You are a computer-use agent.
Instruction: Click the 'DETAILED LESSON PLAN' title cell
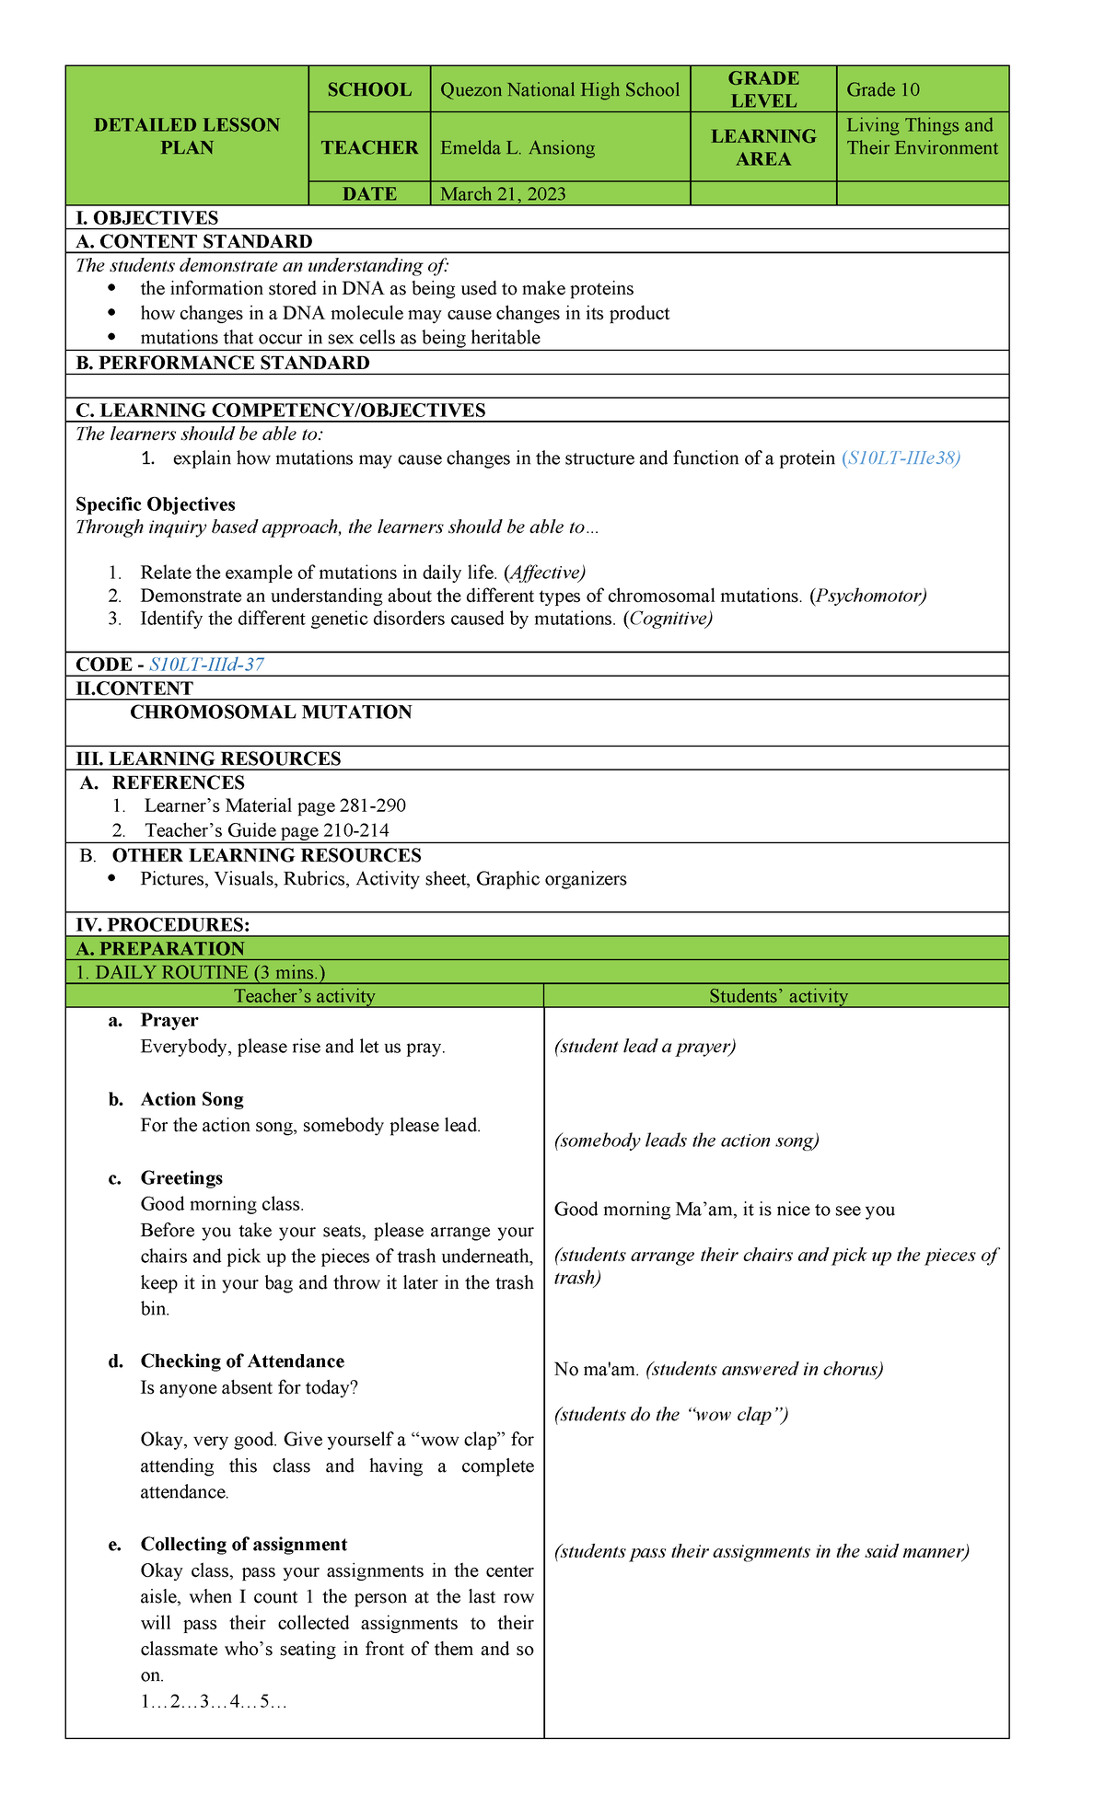tap(187, 136)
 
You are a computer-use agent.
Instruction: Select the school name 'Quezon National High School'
tap(560, 90)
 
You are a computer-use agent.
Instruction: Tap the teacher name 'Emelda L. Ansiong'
tap(518, 148)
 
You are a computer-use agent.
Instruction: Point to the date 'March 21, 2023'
tap(503, 194)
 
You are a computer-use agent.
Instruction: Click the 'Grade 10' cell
tap(883, 90)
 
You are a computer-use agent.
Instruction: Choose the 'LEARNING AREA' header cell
tap(763, 147)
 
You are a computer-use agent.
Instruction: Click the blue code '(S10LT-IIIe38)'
tap(901, 458)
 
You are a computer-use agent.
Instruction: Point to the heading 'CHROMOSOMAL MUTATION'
tap(271, 713)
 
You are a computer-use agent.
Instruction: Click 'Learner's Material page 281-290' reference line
tap(274, 806)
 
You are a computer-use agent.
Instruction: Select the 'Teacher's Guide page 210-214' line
tap(266, 830)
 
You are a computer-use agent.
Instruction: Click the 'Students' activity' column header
tap(778, 996)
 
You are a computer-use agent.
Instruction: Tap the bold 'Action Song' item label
tap(192, 1100)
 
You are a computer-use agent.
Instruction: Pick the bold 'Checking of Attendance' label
tap(242, 1361)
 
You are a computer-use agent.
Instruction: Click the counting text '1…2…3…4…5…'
tap(214, 1702)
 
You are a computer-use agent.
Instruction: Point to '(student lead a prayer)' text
tap(645, 1047)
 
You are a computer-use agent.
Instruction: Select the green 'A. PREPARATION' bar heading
tap(160, 949)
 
